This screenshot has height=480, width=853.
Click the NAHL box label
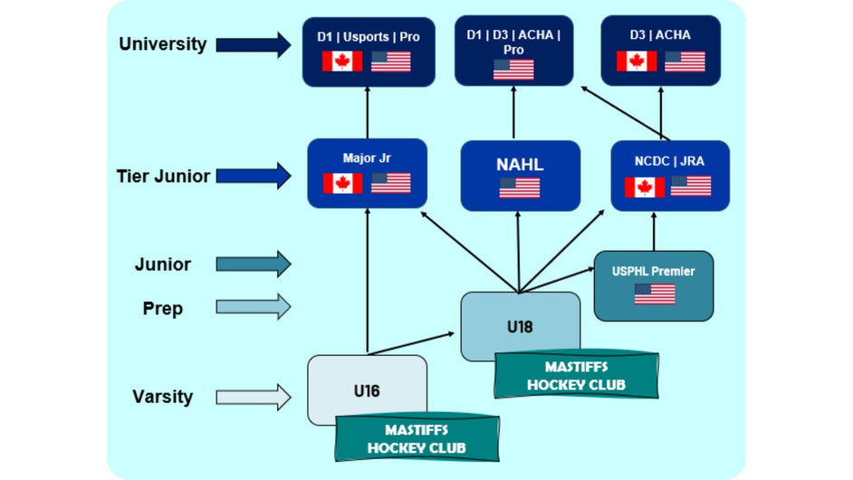(x=518, y=164)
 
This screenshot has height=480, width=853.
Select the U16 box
(x=367, y=390)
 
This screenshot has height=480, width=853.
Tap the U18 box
(x=520, y=326)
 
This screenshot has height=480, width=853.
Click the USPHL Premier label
(x=654, y=268)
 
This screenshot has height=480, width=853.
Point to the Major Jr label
(x=366, y=158)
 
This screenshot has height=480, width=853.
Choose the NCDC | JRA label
(x=669, y=161)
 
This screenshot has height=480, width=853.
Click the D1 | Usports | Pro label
(x=368, y=36)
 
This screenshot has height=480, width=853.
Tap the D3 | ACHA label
(x=660, y=35)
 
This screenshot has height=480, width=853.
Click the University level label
(x=163, y=43)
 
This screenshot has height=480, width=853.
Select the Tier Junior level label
(x=163, y=176)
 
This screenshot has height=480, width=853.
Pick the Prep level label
(x=163, y=308)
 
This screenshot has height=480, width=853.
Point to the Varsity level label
(x=163, y=396)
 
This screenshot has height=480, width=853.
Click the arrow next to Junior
(x=254, y=264)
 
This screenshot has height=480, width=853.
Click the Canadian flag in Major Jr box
(x=342, y=183)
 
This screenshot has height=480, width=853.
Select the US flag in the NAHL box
(x=519, y=187)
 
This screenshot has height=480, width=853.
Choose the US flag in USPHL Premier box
(x=654, y=294)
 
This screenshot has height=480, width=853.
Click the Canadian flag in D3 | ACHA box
(x=637, y=61)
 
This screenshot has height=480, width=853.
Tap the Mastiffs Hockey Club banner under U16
(x=416, y=437)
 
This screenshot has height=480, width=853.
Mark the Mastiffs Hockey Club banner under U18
(x=576, y=376)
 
